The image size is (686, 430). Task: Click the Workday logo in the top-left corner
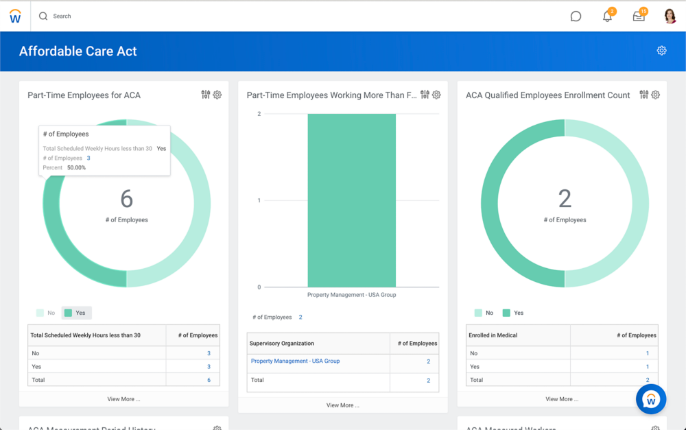tap(15, 16)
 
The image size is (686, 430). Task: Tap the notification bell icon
tap(607, 16)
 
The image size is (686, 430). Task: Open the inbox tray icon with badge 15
tap(639, 16)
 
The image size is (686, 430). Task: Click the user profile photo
tap(670, 16)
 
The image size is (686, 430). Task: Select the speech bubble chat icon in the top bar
tap(576, 16)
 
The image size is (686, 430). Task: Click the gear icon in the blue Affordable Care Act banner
tap(661, 51)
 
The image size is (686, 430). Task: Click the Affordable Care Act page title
tap(78, 51)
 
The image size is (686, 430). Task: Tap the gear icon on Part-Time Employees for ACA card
tap(217, 95)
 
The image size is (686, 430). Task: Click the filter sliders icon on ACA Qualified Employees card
tap(643, 95)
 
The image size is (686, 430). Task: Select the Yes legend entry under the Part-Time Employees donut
tap(76, 313)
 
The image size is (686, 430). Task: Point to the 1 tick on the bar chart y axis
tap(259, 200)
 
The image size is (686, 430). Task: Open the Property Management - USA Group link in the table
tap(295, 361)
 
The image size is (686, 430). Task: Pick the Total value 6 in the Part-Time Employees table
tap(209, 380)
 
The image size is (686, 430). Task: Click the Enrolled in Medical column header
tap(493, 335)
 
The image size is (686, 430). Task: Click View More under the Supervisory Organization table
tap(342, 405)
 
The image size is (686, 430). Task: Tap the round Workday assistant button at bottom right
tap(651, 399)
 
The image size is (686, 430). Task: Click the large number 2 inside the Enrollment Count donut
tap(565, 199)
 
